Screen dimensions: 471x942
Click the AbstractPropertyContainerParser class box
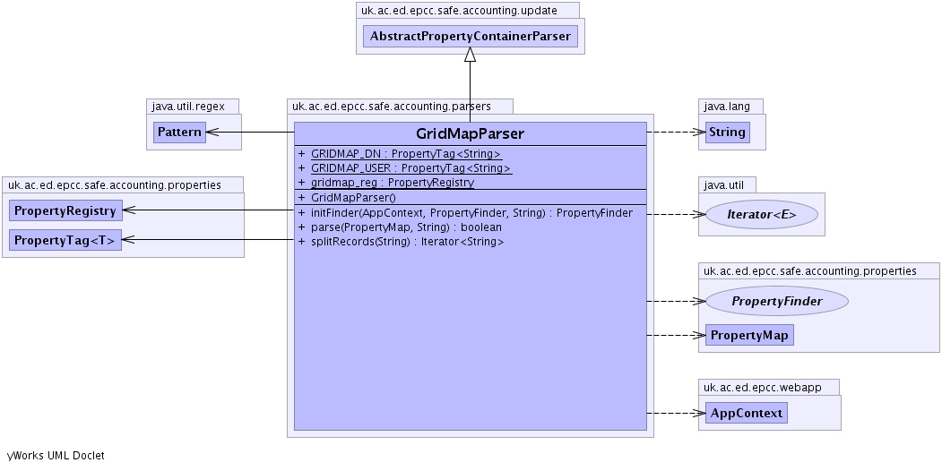point(470,37)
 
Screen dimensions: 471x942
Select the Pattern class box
point(179,133)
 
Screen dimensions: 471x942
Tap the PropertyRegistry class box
point(65,210)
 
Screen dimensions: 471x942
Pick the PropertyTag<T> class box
point(65,240)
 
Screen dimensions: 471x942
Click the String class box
point(727,133)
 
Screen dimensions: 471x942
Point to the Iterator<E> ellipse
point(762,214)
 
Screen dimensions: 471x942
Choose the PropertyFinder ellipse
point(776,301)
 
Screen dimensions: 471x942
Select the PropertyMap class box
point(749,336)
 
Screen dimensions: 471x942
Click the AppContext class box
point(746,413)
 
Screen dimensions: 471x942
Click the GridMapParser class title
point(470,133)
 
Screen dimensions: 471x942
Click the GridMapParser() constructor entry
point(341,197)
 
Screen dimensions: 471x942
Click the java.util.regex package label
point(186,107)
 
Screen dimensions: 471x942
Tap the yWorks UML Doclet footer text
point(56,456)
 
